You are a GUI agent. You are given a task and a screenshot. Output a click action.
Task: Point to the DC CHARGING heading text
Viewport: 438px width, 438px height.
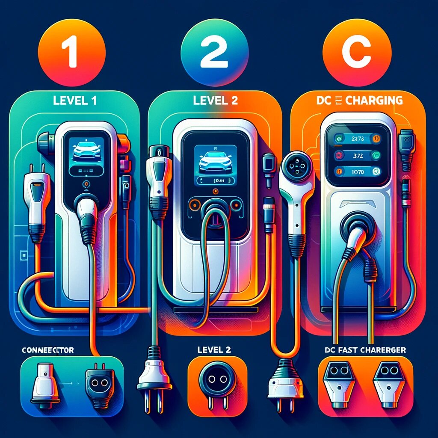pyautogui.click(x=360, y=101)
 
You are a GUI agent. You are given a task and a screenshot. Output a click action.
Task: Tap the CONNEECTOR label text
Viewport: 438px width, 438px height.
pyautogui.click(x=47, y=350)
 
